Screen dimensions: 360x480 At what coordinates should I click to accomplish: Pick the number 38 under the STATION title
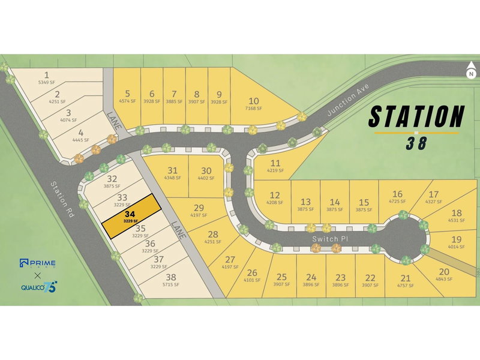(416, 143)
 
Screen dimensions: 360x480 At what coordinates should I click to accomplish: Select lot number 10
(254, 100)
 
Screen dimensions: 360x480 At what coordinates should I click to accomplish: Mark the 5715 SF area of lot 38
(172, 285)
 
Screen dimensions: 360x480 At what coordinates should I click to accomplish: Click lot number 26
(252, 271)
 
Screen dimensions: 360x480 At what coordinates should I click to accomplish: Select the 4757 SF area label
(405, 285)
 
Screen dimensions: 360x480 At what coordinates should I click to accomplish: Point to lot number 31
(173, 170)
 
